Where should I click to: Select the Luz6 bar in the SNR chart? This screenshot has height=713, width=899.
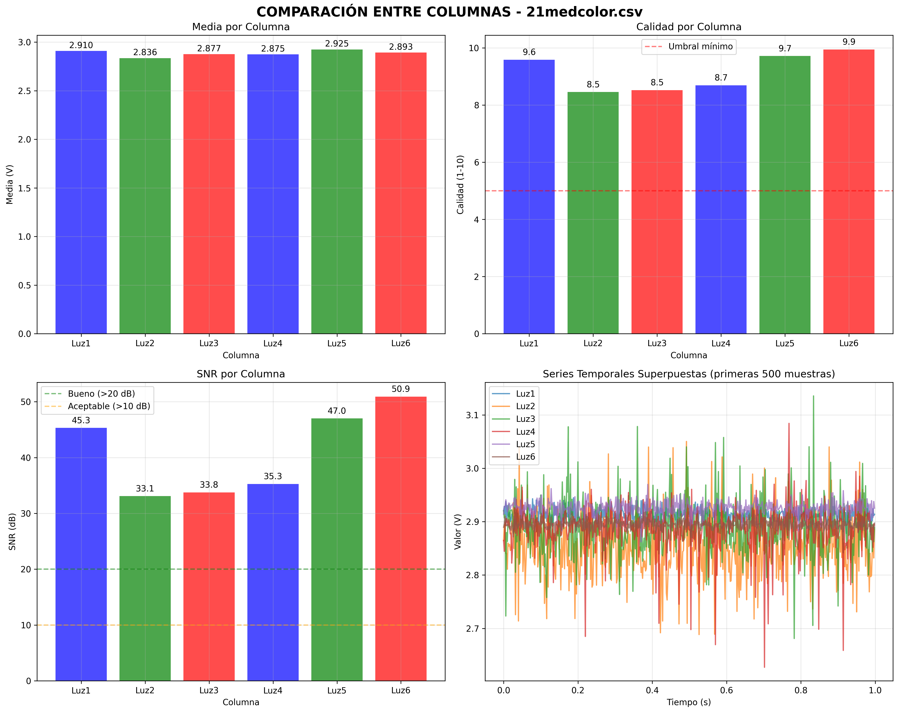pyautogui.click(x=401, y=538)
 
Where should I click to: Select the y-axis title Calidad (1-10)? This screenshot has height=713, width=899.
pyautogui.click(x=460, y=184)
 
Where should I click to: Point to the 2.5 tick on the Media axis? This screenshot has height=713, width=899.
pyautogui.click(x=25, y=91)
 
